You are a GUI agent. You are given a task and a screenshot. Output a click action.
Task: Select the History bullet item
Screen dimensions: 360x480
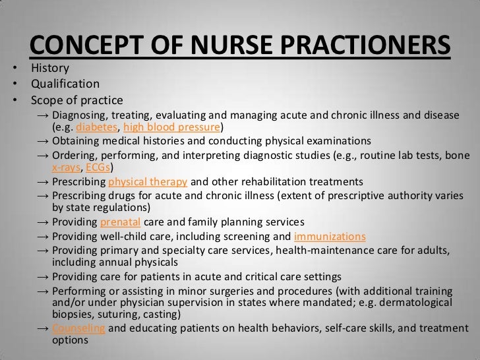pos(49,68)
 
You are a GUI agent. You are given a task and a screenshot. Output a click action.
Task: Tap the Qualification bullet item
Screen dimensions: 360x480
pos(65,84)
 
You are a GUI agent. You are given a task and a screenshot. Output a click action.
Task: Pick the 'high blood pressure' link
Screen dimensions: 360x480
pos(172,128)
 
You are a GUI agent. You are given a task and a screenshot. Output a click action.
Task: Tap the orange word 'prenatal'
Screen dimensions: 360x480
pos(121,222)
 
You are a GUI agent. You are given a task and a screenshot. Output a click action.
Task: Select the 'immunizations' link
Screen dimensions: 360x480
pos(330,236)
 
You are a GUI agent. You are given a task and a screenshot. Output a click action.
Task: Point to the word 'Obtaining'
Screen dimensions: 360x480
pos(76,141)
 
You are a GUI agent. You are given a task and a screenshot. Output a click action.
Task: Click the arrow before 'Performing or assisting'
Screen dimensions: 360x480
pos(43,291)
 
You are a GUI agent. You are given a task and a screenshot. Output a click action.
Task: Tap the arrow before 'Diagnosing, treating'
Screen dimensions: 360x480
pos(43,116)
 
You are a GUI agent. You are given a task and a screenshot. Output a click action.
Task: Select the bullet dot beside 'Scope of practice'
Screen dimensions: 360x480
pos(15,102)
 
